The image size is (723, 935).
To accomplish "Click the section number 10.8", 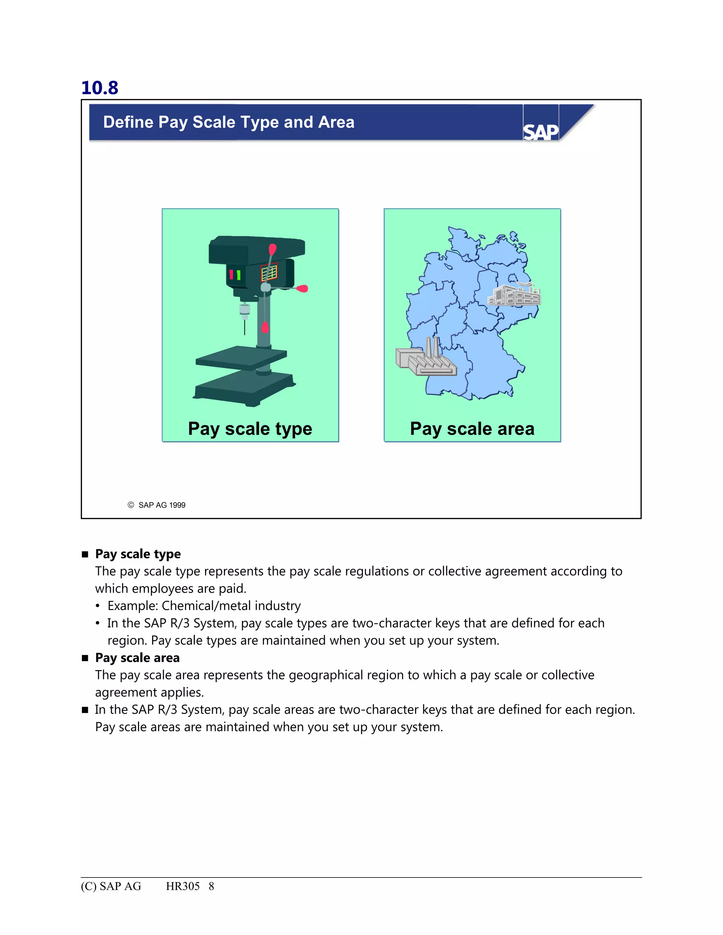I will click(99, 88).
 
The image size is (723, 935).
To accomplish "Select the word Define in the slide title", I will click(128, 122).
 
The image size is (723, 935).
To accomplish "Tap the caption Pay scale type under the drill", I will click(250, 429).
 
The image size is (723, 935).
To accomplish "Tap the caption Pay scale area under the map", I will click(472, 429).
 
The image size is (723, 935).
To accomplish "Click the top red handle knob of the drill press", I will click(273, 249).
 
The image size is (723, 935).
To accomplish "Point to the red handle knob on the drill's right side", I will click(303, 289).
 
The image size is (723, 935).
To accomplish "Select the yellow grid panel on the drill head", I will click(269, 272).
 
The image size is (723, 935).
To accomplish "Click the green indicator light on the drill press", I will click(239, 275).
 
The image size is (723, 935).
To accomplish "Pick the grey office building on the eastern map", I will click(514, 295).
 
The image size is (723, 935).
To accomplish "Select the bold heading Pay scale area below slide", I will click(137, 658).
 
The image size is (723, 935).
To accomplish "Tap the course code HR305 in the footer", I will click(183, 886).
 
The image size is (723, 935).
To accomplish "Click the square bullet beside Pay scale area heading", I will click(85, 658).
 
